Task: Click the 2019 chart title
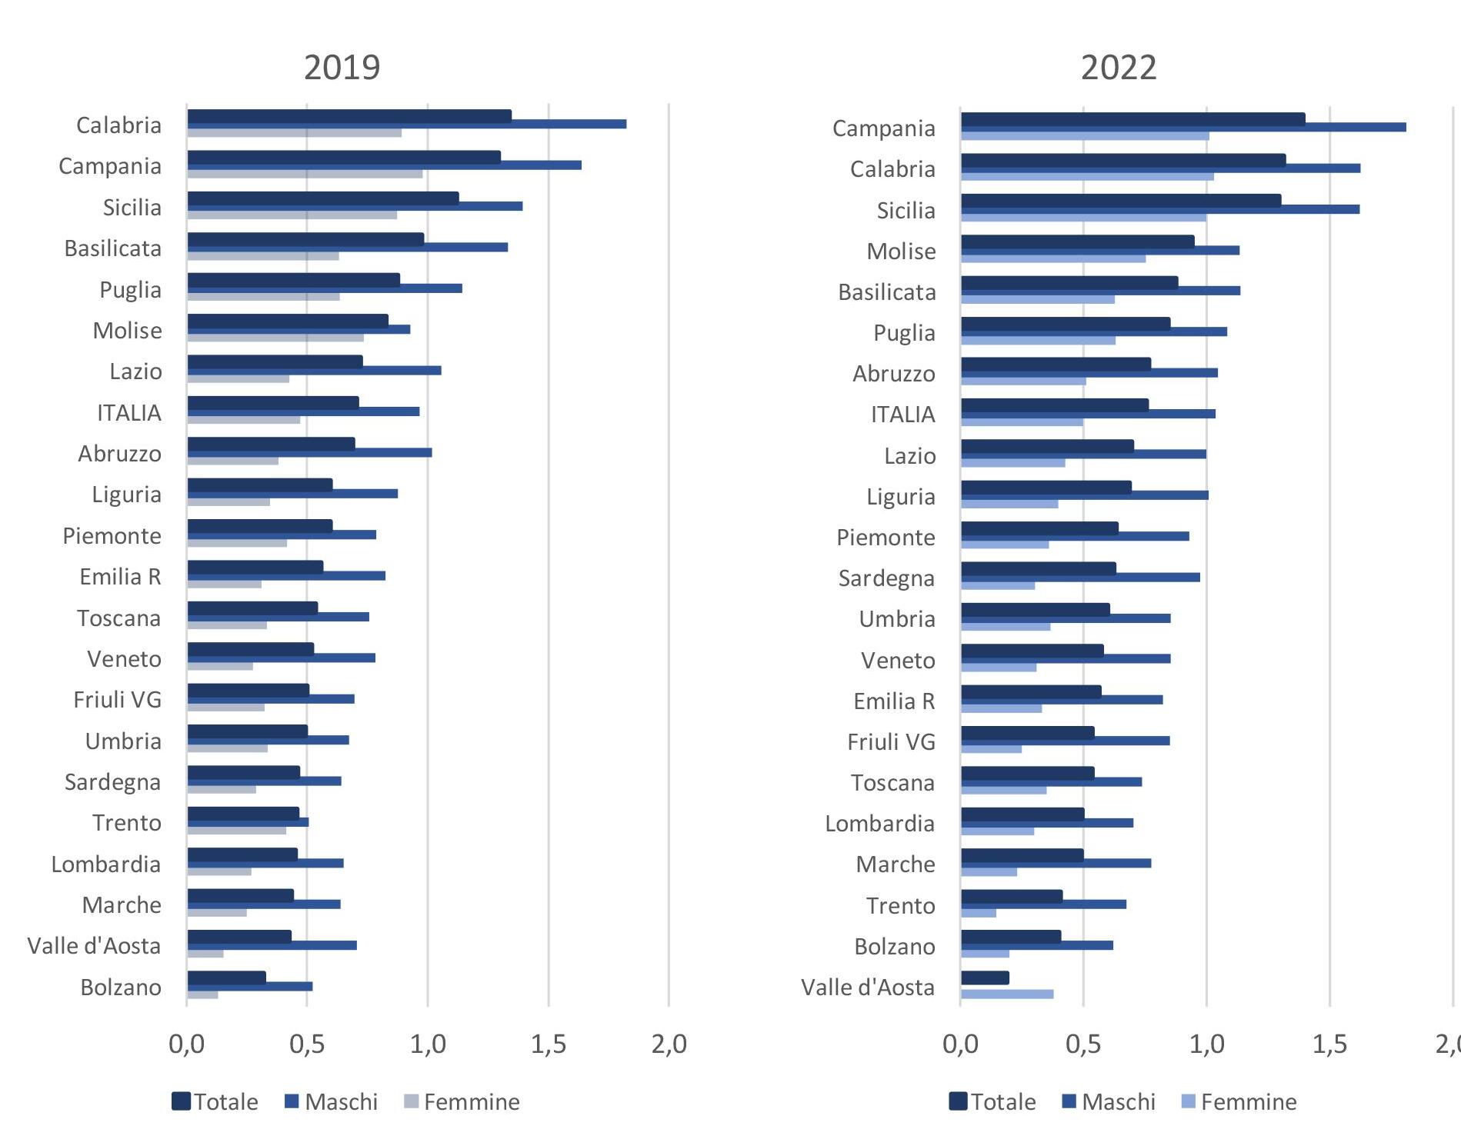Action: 342,68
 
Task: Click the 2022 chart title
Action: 1118,68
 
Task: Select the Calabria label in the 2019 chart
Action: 118,125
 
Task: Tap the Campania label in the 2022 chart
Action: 883,128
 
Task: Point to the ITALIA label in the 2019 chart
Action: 129,413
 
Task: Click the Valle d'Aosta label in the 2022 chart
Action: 867,987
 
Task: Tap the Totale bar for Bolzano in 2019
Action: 226,977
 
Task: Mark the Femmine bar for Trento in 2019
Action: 236,831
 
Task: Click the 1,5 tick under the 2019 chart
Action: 548,1044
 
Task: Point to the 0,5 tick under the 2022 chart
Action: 1083,1044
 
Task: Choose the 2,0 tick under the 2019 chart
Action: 669,1044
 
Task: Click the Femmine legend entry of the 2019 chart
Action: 462,1102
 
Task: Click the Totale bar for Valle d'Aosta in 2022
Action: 985,978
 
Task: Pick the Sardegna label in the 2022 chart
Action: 886,578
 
